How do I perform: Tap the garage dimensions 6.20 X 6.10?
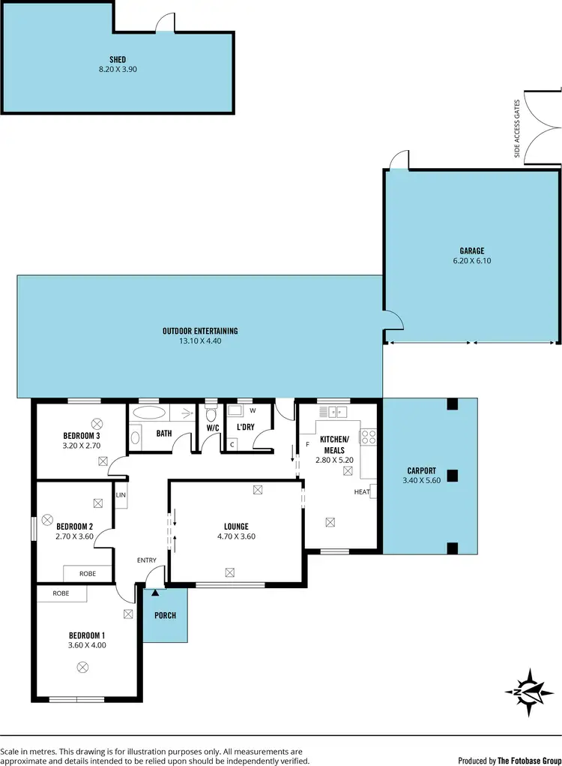click(472, 261)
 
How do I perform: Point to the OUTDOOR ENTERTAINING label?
click(200, 331)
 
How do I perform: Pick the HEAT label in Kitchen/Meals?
click(361, 492)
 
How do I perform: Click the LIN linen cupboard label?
click(121, 494)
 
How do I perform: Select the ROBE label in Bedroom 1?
click(61, 593)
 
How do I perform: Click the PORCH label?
click(165, 615)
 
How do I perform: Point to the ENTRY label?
click(146, 560)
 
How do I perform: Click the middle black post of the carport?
click(451, 475)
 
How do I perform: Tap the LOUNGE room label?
click(236, 527)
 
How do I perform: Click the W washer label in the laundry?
click(252, 410)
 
